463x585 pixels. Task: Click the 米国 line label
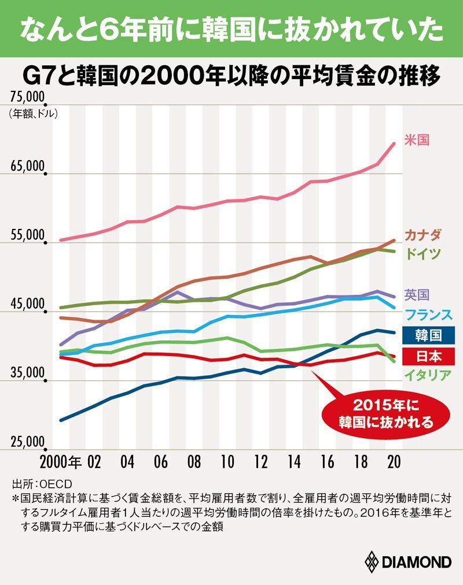[x=417, y=140]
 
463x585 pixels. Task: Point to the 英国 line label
[x=417, y=295]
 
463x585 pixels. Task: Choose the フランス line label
[x=429, y=314]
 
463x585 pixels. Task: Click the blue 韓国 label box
[x=429, y=335]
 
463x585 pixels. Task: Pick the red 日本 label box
[x=429, y=356]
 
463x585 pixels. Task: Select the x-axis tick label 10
[x=227, y=462]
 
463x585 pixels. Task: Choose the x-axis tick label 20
[x=394, y=462]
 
